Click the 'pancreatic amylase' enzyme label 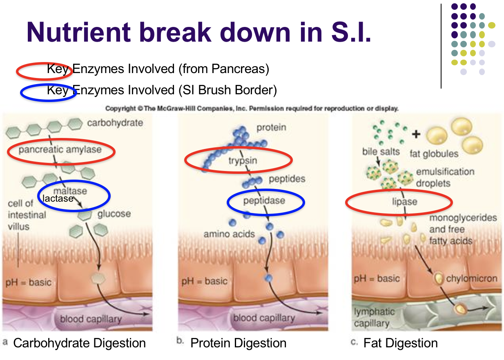[60, 149]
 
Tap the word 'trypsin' [243, 161]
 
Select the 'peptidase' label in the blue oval [264, 200]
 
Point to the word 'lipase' [405, 202]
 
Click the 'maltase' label [70, 191]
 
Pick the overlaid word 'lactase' [58, 198]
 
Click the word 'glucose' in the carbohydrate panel [114, 213]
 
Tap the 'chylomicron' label [472, 278]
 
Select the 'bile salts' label [381, 151]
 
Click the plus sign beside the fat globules [416, 134]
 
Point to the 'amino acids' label [229, 234]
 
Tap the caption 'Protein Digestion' [238, 343]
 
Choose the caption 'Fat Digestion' [401, 343]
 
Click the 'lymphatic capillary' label [374, 318]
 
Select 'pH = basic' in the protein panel [205, 281]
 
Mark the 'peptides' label [287, 179]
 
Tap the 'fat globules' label [434, 154]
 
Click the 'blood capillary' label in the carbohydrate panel [91, 319]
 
